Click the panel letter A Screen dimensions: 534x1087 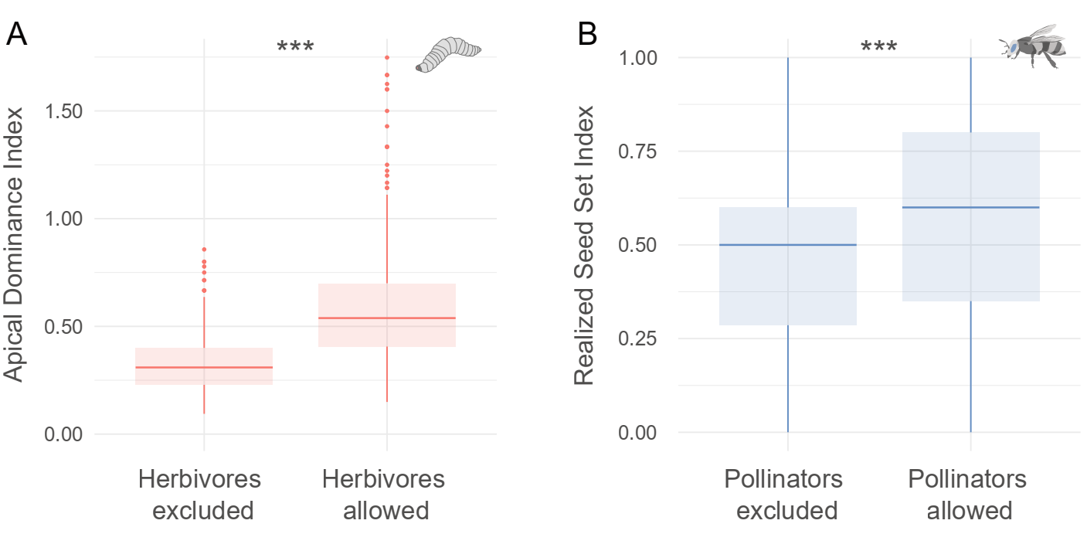pos(16,35)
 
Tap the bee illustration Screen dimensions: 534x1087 pos(1032,46)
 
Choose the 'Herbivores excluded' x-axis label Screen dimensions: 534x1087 pos(203,495)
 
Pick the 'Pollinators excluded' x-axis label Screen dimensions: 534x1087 pos(787,495)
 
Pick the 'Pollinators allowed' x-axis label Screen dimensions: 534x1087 pos(970,495)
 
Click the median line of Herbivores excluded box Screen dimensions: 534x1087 pos(204,367)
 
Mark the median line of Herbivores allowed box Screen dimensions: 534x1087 pos(386,318)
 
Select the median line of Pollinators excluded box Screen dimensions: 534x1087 pos(787,245)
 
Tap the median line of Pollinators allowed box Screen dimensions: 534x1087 pos(970,207)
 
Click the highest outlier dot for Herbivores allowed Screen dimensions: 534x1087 pos(386,57)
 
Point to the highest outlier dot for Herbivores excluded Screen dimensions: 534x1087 pos(204,250)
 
